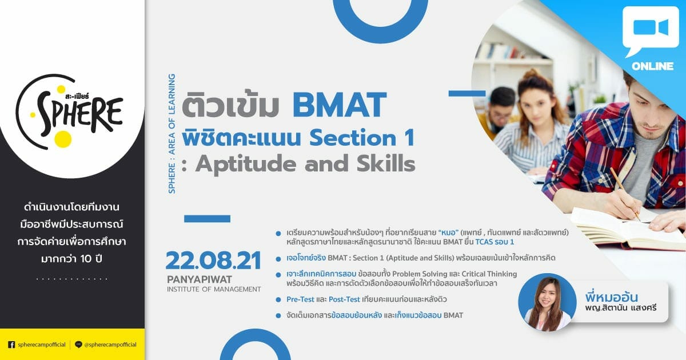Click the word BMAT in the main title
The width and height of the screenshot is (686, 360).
tap(340, 105)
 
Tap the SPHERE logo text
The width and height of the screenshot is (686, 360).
tap(80, 114)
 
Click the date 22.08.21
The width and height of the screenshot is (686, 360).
tap(213, 261)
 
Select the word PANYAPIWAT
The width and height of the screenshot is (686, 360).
tap(200, 279)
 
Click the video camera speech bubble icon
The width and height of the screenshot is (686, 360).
tap(651, 31)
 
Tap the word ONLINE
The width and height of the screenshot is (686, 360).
tap(652, 66)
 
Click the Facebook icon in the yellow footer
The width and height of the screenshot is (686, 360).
tap(11, 345)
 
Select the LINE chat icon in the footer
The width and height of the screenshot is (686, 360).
tap(78, 345)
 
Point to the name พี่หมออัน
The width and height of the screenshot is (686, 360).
tap(611, 297)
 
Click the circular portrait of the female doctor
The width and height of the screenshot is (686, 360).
tap(547, 302)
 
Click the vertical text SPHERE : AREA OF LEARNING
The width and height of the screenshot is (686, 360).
tap(172, 134)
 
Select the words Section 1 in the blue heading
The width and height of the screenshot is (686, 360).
tap(362, 138)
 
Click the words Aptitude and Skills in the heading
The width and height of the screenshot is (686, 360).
tap(305, 164)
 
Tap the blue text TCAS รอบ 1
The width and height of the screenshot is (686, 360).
tap(494, 242)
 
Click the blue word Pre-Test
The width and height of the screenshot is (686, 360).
tap(300, 299)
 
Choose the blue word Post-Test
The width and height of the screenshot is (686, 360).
tap(344, 299)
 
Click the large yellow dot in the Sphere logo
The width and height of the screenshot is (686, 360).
tap(63, 139)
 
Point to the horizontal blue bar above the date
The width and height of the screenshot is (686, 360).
tap(207, 218)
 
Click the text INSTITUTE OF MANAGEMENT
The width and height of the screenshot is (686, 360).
tap(214, 289)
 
